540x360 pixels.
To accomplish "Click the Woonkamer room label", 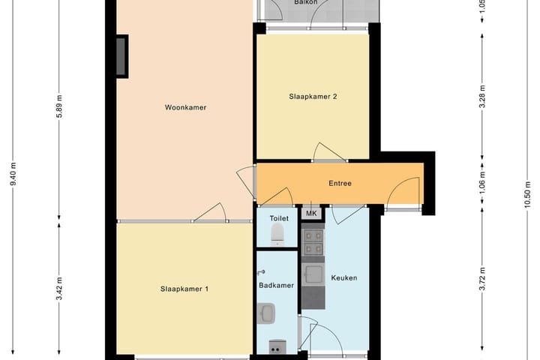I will click(185, 107).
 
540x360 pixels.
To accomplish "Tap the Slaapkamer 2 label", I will click(312, 96).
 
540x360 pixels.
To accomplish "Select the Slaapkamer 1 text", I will click(184, 288).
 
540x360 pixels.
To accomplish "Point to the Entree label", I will click(340, 183).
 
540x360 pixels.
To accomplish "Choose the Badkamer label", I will click(277, 285).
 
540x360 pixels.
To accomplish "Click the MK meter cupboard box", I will click(312, 214).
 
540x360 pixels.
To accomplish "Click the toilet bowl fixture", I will click(277, 233).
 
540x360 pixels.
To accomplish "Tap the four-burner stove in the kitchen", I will click(312, 240).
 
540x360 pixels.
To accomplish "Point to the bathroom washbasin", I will click(266, 313).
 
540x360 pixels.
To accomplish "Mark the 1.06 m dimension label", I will click(482, 183).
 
